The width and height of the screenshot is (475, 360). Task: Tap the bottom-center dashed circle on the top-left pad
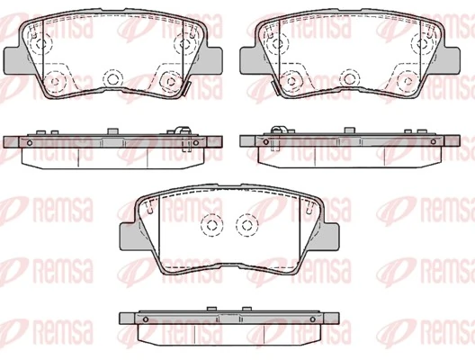[113, 79]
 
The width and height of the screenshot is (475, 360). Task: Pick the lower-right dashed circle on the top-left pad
[171, 81]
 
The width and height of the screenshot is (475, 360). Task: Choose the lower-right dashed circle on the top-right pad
[407, 81]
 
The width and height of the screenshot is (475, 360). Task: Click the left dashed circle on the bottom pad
[211, 225]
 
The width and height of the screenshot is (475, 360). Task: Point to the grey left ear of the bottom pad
[131, 237]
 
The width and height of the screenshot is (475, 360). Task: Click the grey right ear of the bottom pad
[333, 237]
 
